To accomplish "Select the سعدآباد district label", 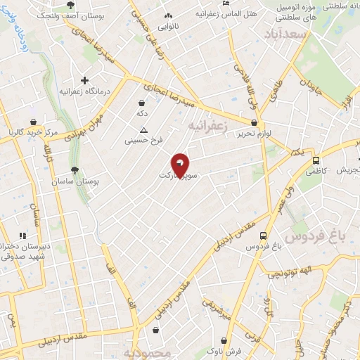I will point(287,34).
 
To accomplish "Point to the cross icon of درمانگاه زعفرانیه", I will point(85,80).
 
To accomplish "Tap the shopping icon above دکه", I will point(142,103).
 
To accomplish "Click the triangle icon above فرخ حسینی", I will point(144,130).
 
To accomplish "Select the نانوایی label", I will point(167,27).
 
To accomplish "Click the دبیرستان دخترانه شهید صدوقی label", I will point(27,252).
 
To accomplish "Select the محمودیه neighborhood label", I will point(147,352).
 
